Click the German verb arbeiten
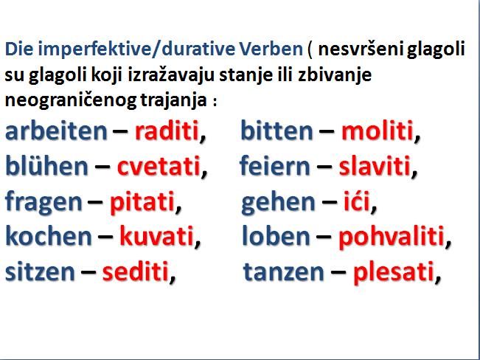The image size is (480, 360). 56,131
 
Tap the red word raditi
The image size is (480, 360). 167,131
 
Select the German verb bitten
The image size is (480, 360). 276,131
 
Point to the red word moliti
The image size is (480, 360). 378,131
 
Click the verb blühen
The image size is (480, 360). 47,166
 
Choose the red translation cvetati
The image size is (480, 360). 159,167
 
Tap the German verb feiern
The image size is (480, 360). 274,166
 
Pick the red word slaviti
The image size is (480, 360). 375,166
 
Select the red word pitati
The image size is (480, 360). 142,202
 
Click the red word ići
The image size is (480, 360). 356,201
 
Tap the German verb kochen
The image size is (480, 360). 49,236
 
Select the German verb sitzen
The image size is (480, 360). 40,271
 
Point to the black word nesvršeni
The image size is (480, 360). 361,49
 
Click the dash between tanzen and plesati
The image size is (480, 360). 338,272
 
